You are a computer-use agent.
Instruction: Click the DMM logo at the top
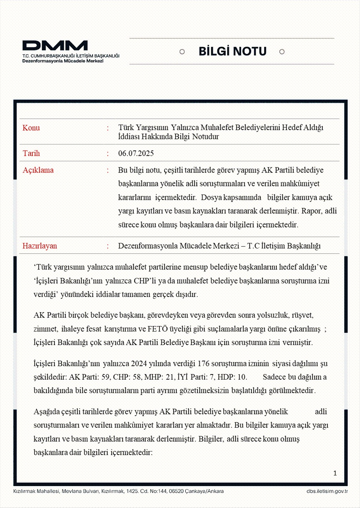coord(55,46)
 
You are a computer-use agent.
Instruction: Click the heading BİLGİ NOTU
coord(232,51)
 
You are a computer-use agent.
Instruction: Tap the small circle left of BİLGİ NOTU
coord(182,52)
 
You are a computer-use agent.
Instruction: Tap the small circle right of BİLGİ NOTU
coord(282,52)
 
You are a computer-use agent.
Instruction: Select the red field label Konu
coord(31,128)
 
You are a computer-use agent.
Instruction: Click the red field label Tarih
coord(31,153)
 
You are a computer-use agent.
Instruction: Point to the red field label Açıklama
coord(38,170)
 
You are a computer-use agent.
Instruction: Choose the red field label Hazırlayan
coord(39,246)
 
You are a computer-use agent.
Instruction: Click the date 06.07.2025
coord(136,153)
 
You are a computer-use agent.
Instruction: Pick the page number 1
coord(335,473)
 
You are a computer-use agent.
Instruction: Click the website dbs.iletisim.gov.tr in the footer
coord(327,491)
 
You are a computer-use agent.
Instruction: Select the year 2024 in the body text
coord(139,364)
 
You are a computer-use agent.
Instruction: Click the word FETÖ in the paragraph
coord(158,329)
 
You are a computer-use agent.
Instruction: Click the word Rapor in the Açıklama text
coord(311,211)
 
